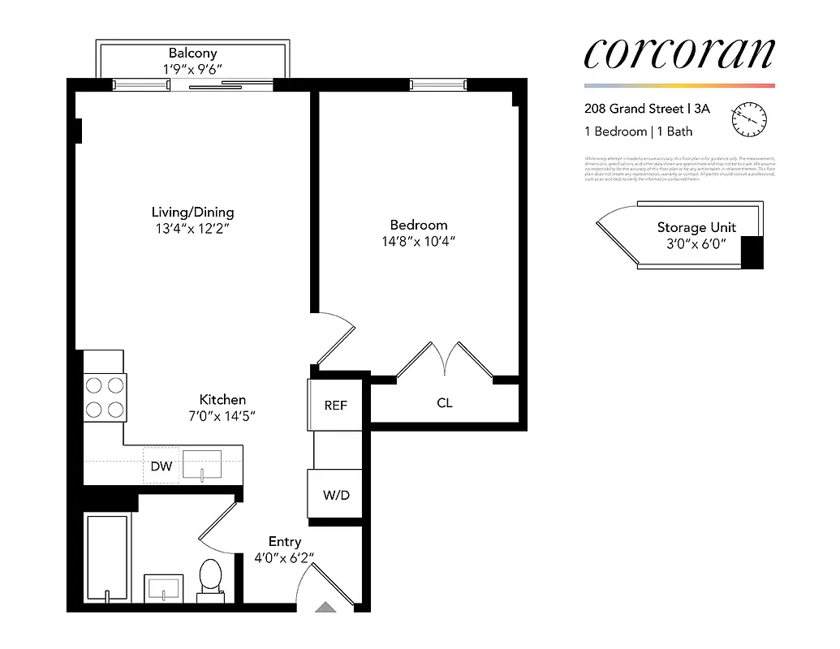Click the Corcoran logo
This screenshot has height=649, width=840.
[x=678, y=54]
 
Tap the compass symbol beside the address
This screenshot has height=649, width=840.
[x=749, y=119]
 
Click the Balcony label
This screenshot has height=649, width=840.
[x=192, y=54]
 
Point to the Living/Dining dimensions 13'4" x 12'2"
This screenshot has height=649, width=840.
[x=192, y=230]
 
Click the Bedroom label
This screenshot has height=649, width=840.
[x=418, y=225]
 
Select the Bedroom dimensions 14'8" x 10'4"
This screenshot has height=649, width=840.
[x=418, y=242]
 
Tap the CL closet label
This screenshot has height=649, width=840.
[x=444, y=402]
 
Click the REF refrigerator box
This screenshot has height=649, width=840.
[x=335, y=405]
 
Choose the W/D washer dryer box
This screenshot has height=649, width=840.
[x=335, y=494]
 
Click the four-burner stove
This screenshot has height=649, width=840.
[x=105, y=396]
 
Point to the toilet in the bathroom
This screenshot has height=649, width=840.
[x=210, y=578]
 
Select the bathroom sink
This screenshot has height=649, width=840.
[x=165, y=588]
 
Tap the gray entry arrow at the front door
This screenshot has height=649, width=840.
[x=325, y=606]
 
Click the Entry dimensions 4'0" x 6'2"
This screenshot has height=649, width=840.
[x=284, y=557]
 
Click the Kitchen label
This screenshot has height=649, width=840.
[x=222, y=399]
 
